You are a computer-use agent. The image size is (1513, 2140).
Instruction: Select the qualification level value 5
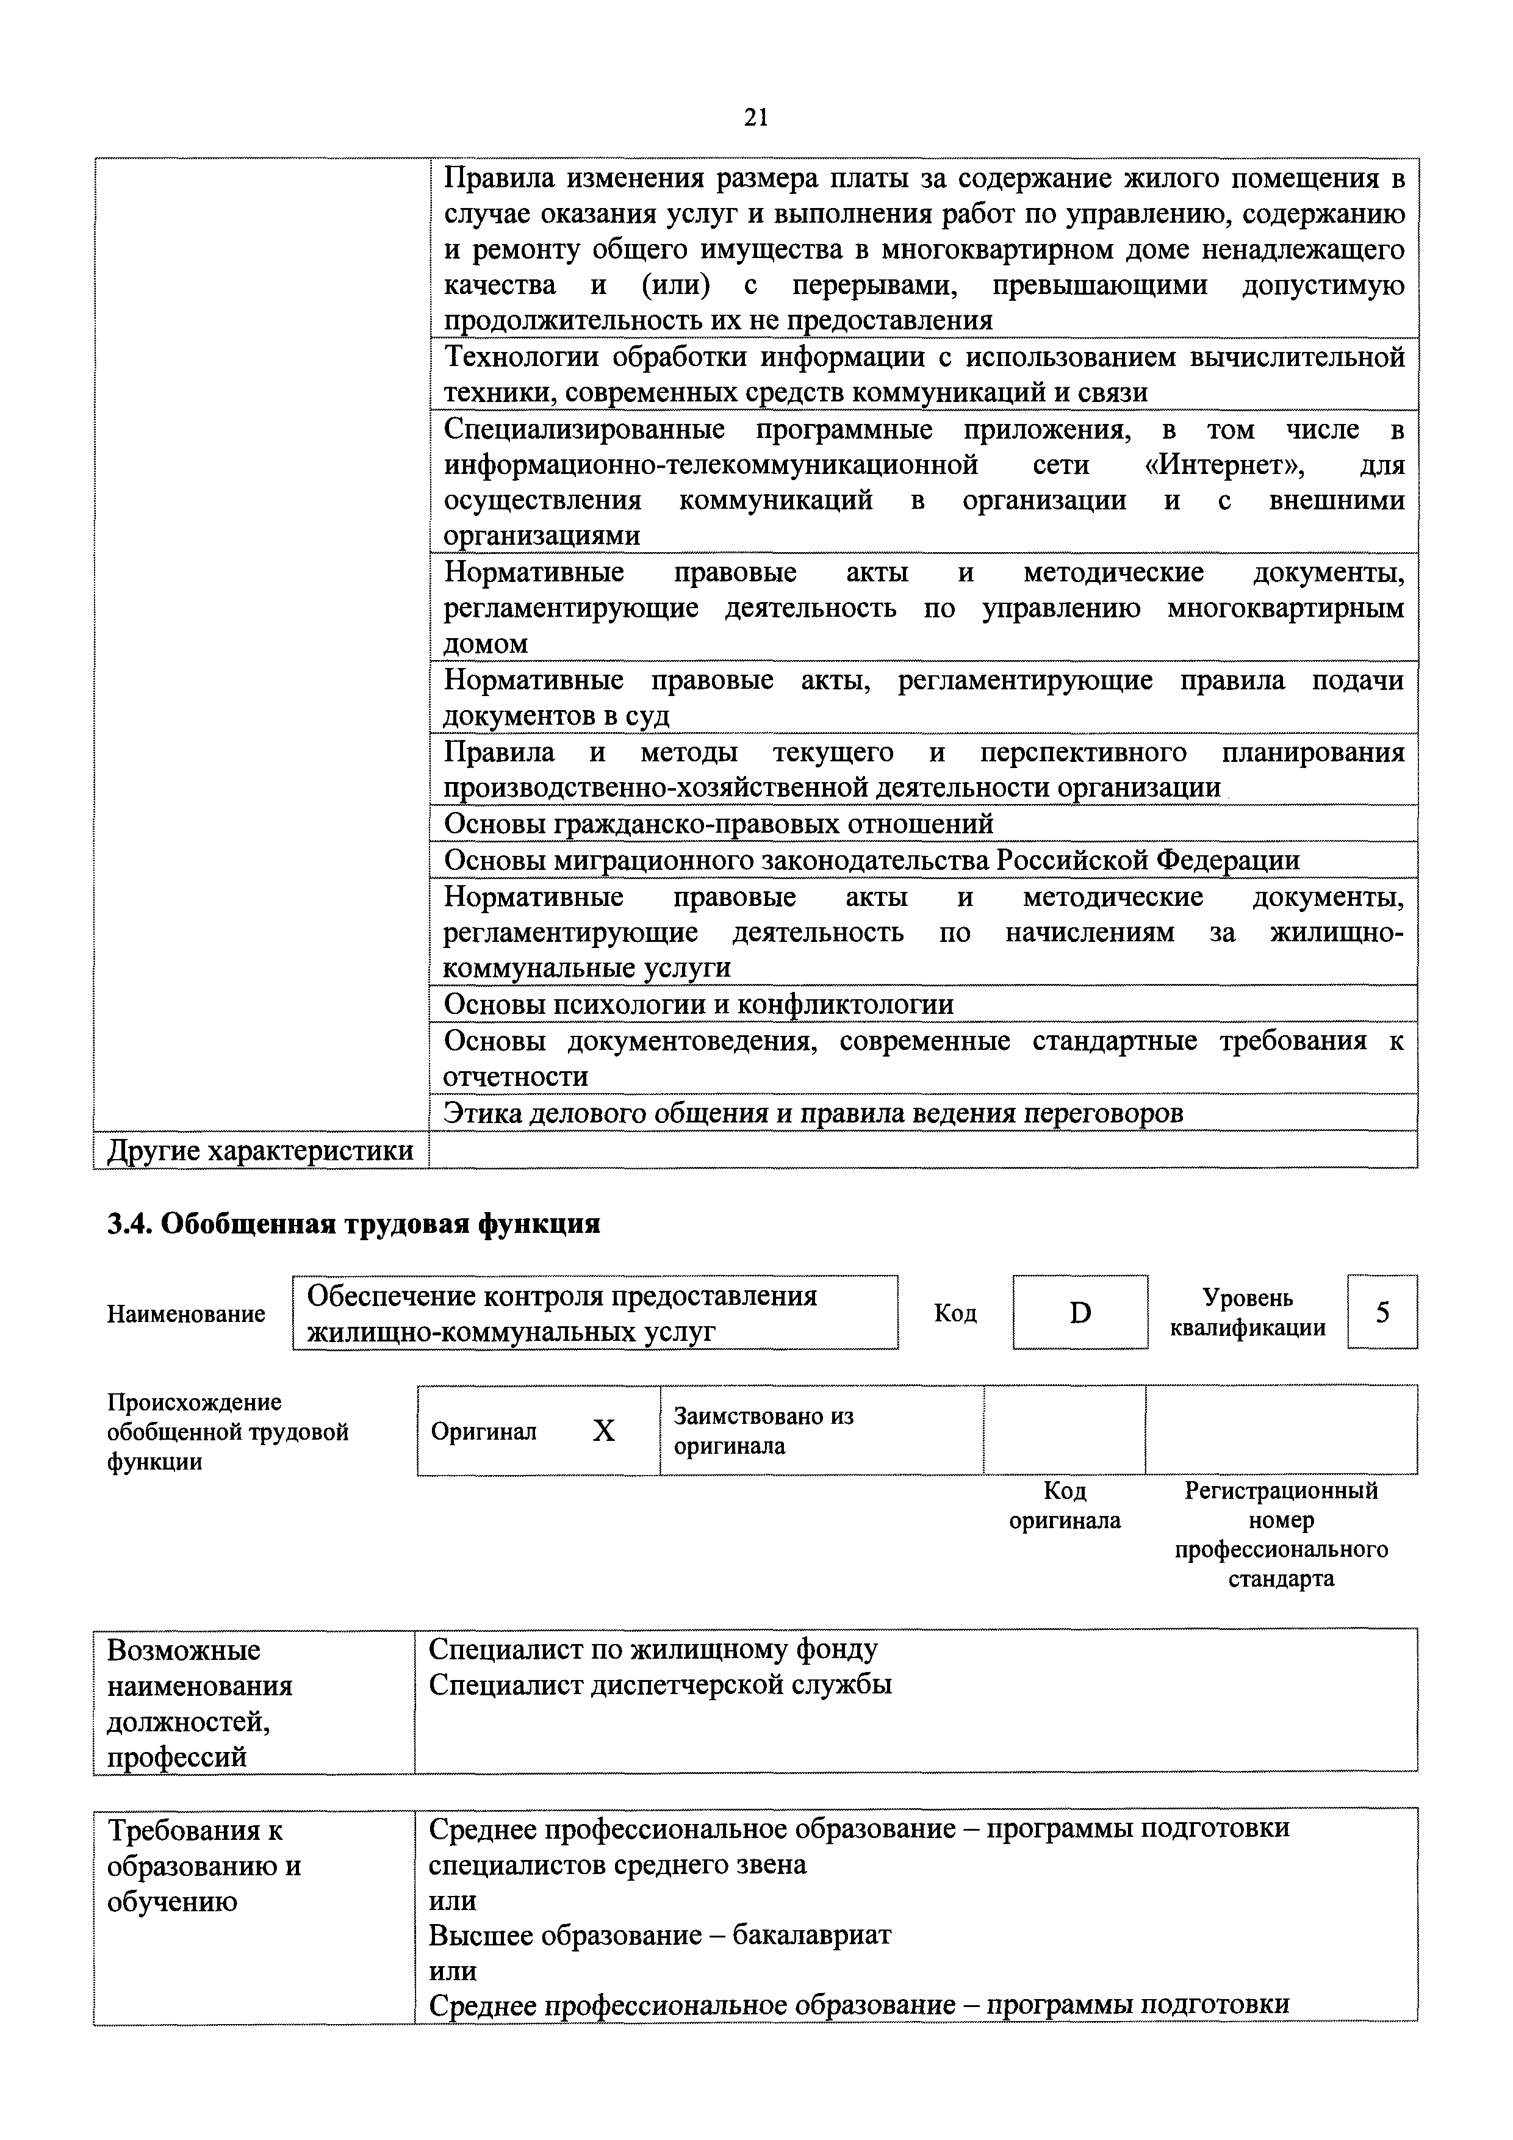coord(1382,1312)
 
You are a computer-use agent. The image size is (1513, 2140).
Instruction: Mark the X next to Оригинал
coord(604,1431)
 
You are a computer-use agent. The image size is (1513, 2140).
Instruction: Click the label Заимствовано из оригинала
coord(763,1431)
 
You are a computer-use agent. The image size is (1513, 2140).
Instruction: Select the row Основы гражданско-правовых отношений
coord(719,824)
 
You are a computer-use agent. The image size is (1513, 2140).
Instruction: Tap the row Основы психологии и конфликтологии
coord(698,1004)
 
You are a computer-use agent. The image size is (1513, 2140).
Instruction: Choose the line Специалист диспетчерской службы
coord(660,1685)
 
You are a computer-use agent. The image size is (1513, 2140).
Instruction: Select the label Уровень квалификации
coord(1248,1312)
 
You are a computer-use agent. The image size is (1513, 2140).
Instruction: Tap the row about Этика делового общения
coord(813,1113)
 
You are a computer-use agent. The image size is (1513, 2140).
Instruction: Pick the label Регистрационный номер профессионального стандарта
coord(1281,1534)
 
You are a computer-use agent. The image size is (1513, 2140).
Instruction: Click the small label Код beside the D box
coord(955,1312)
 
